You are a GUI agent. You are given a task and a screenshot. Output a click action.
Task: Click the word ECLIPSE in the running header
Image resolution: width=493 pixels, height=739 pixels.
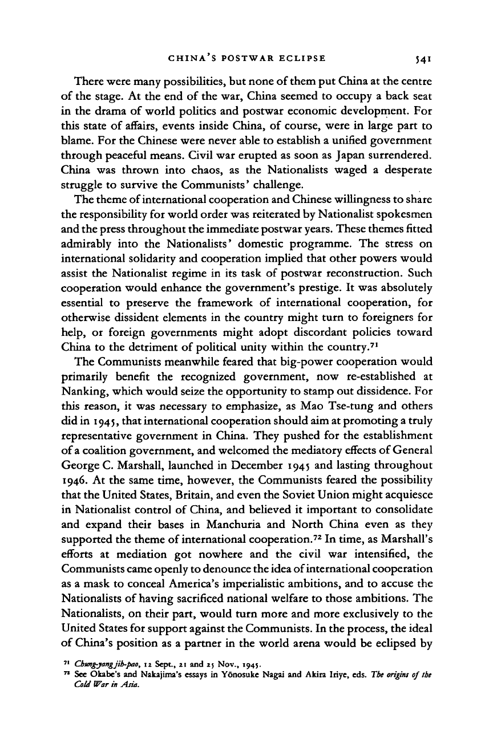(x=298, y=58)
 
